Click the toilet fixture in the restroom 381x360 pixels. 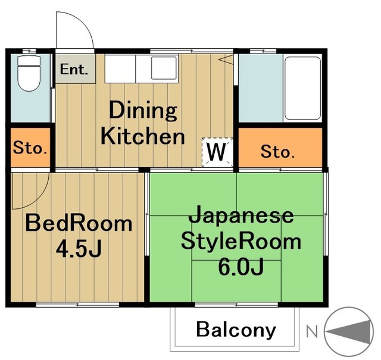pyautogui.click(x=27, y=74)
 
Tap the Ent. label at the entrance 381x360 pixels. pyautogui.click(x=74, y=69)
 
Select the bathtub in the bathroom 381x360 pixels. pyautogui.click(x=303, y=89)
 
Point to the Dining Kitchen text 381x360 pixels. pyautogui.click(x=143, y=124)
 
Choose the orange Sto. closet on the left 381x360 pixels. pyautogui.click(x=30, y=148)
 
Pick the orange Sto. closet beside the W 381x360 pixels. pyautogui.click(x=277, y=152)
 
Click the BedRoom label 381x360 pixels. pyautogui.click(x=78, y=224)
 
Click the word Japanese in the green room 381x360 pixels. pyautogui.click(x=241, y=215)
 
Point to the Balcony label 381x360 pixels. pyautogui.click(x=236, y=329)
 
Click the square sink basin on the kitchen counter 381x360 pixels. pyautogui.click(x=163, y=68)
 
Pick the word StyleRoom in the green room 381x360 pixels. pyautogui.click(x=241, y=242)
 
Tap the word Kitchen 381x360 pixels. pyautogui.click(x=143, y=136)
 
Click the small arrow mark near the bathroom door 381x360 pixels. pyautogui.click(x=227, y=59)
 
